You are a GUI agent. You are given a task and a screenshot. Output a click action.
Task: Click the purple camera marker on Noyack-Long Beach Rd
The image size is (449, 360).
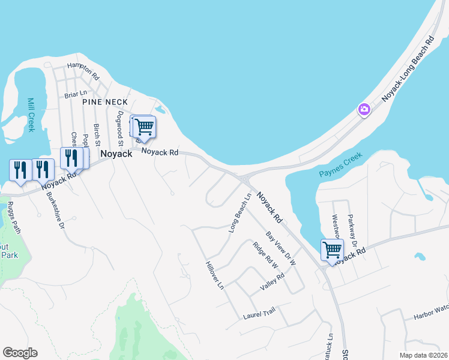pyautogui.click(x=364, y=109)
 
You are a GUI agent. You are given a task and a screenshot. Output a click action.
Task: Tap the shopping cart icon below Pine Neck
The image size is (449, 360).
pyautogui.click(x=144, y=127)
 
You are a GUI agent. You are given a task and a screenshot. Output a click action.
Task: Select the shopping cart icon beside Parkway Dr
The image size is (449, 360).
pyautogui.click(x=332, y=250)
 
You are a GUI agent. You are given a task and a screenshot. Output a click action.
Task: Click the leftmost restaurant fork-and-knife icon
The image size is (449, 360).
pyautogui.click(x=20, y=170)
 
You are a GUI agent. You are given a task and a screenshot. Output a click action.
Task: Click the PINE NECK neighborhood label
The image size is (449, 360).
pyautogui.click(x=105, y=103)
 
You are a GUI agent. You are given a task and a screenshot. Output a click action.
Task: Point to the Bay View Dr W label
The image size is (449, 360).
pyautogui.click(x=282, y=247)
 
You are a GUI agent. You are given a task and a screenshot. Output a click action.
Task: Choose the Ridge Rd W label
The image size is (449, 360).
pyautogui.click(x=266, y=256)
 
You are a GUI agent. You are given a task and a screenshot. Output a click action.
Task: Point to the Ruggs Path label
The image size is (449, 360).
pyautogui.click(x=13, y=218)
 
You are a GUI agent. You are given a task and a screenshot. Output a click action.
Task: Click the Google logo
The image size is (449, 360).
pyautogui.click(x=20, y=353)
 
